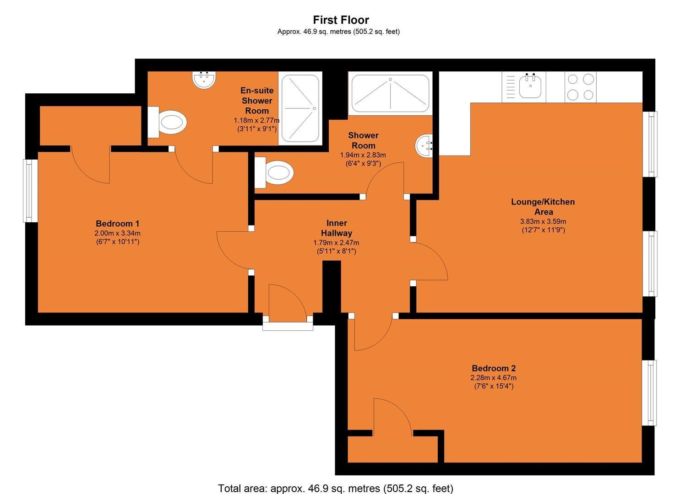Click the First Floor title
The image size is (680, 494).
coord(341,20)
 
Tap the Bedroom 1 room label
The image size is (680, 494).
coord(117,224)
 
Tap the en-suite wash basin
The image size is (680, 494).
coord(204,81)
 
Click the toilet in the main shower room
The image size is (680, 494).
coord(274,173)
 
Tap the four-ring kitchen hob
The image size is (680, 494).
coord(581,87)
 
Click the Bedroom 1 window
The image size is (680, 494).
coord(31,191)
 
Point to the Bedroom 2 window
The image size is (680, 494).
coord(649,392)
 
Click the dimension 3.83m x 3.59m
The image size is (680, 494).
coord(543,221)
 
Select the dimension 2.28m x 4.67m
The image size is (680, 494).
coord(494,378)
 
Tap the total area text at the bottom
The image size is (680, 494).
coord(336,488)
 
